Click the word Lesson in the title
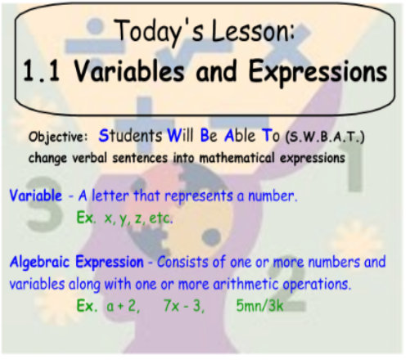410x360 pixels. (x=253, y=30)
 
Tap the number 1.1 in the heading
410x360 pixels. (x=42, y=71)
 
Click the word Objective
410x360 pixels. (x=58, y=137)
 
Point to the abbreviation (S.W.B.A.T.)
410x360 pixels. (x=325, y=137)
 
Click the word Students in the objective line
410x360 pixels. (x=130, y=136)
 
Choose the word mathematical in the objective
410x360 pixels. (x=237, y=158)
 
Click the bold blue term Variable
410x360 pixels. (x=36, y=196)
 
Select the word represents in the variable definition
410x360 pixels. (x=199, y=196)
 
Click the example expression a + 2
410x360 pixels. (x=123, y=306)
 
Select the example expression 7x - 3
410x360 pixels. (x=184, y=306)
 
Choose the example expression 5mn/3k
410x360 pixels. (x=260, y=306)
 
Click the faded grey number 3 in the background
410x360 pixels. (x=45, y=203)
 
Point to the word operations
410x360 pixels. (x=317, y=285)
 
